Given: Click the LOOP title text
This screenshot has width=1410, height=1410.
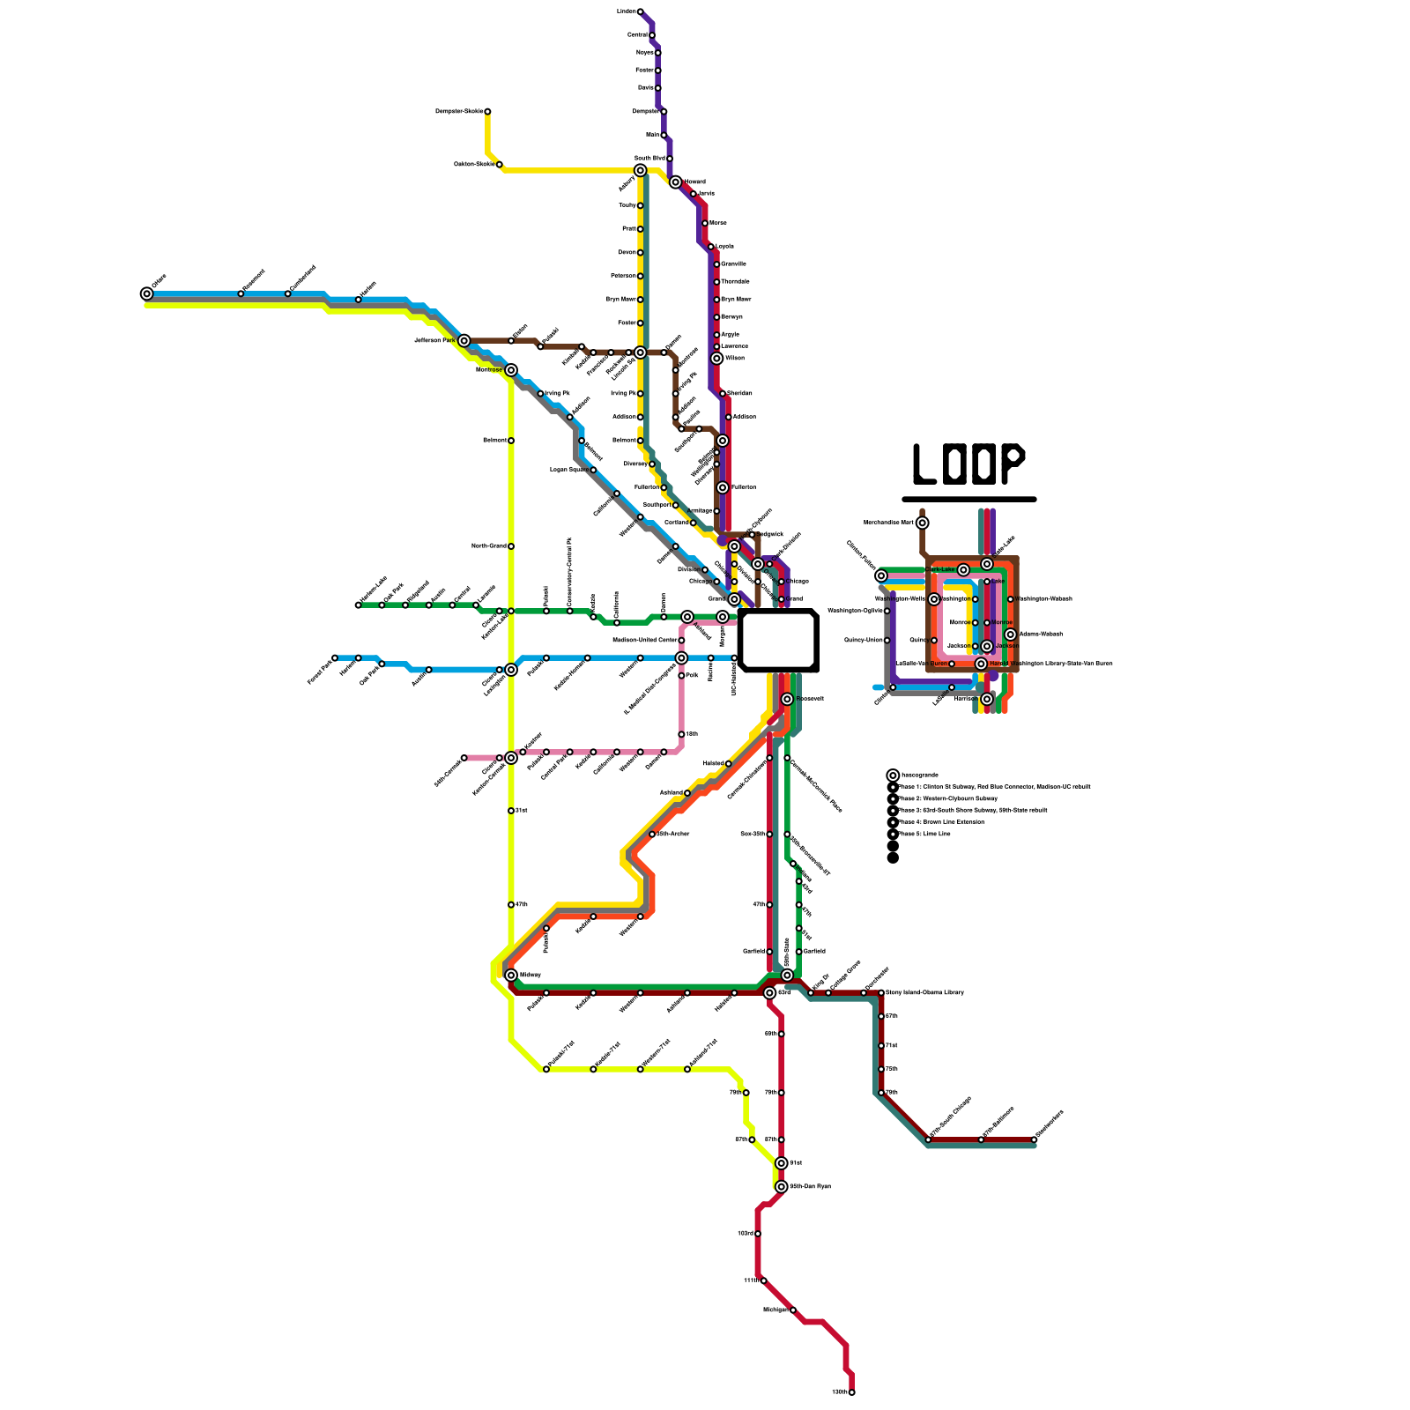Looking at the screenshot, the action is tap(968, 464).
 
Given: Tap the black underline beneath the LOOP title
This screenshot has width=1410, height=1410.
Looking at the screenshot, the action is tap(968, 499).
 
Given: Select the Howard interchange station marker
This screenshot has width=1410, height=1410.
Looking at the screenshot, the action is tap(676, 182).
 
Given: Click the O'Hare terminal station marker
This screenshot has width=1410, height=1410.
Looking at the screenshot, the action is tap(146, 293).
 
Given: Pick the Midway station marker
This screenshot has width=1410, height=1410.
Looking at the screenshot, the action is tap(511, 975).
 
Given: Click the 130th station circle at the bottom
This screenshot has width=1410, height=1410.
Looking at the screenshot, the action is tap(851, 1392).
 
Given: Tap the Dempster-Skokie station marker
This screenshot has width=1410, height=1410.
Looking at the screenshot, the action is tap(487, 112).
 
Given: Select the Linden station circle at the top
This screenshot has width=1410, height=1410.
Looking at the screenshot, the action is tap(641, 11).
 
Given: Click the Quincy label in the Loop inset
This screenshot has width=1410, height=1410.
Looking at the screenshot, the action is tap(917, 640).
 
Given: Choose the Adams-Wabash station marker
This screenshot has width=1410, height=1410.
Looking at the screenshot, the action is tap(1011, 634).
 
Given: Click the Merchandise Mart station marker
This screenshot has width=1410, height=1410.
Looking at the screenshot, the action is tap(923, 523).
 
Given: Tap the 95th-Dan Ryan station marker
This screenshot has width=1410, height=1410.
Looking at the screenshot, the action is tap(782, 1187).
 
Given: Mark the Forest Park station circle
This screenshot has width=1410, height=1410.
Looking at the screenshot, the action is tap(335, 658).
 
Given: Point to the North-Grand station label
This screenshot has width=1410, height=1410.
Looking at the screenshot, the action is tap(488, 546).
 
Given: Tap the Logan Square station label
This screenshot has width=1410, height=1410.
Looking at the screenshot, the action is tap(568, 470).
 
